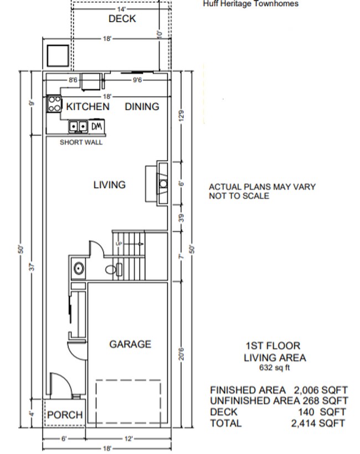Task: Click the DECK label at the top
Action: pos(122,19)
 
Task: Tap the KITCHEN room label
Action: pos(88,106)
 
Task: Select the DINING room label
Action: pos(142,106)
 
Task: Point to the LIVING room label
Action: pos(109,185)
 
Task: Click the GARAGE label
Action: pos(130,344)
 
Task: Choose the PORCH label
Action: pos(65,415)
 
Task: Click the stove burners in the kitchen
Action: pos(54,104)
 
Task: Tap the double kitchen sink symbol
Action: pos(78,127)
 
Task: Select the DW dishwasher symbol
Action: pos(96,127)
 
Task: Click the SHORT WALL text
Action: pos(81,142)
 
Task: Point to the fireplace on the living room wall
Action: pos(161,184)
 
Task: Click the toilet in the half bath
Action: pos(114,270)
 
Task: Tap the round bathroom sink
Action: pos(79,269)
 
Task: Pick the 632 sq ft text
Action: pos(274,368)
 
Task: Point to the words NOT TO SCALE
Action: pos(239,196)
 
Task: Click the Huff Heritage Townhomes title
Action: pos(251,4)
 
